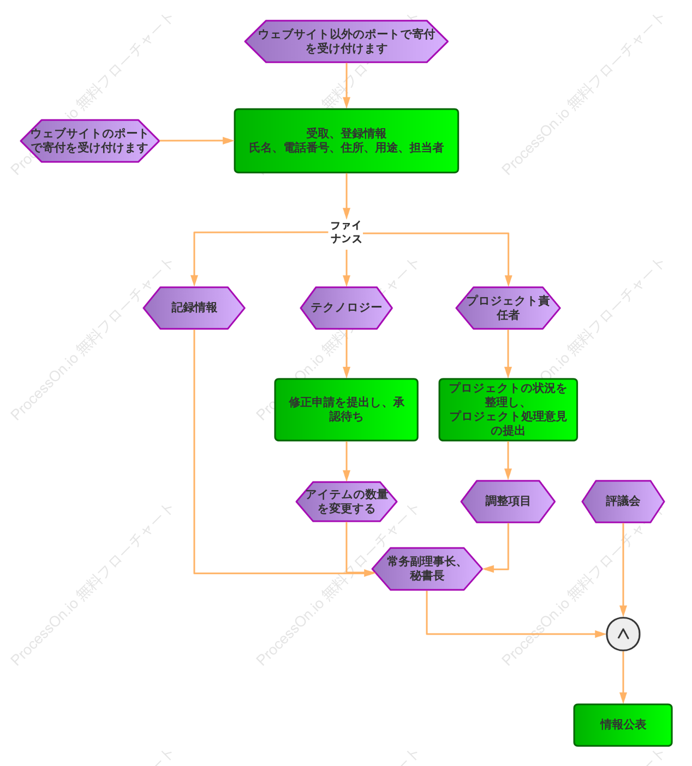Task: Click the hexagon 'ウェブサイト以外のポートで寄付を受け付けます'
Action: (346, 41)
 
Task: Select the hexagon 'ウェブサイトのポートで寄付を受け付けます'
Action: (90, 141)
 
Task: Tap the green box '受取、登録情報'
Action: (346, 141)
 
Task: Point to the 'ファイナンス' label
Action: (345, 232)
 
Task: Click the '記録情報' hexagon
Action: (194, 308)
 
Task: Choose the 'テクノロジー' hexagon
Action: (346, 308)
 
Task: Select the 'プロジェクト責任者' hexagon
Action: (508, 308)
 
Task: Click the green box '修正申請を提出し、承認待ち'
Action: (346, 409)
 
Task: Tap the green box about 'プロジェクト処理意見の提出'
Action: (508, 409)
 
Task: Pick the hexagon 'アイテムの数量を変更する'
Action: (346, 502)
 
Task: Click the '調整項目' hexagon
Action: (508, 502)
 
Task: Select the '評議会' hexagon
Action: (623, 502)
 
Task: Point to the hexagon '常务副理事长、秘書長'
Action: (427, 569)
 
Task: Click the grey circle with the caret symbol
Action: (623, 634)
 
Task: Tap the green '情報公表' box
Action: (623, 725)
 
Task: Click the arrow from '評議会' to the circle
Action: (623, 570)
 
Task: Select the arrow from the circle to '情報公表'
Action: (623, 677)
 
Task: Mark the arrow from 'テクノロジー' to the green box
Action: (347, 354)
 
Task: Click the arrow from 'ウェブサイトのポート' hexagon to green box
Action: (196, 141)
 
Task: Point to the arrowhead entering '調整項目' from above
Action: (508, 474)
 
